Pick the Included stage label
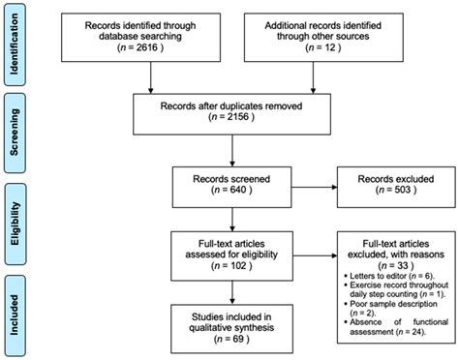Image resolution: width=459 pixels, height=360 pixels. tap(15, 316)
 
